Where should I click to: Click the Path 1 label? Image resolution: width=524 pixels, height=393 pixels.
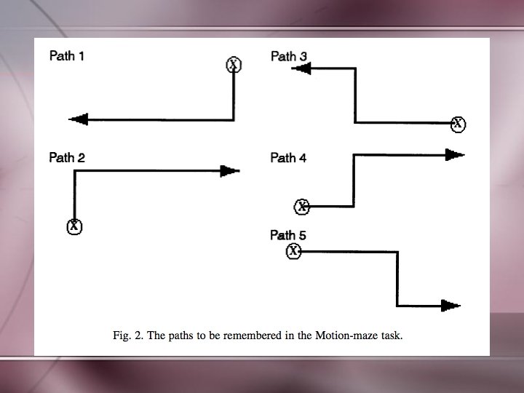(x=66, y=55)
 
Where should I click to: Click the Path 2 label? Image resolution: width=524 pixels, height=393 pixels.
(x=66, y=157)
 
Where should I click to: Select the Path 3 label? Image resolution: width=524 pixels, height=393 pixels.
(x=288, y=56)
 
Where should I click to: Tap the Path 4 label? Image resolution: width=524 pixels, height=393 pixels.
(x=288, y=158)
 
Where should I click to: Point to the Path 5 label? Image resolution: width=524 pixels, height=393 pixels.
(x=288, y=235)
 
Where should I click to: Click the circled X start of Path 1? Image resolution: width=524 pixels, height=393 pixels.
(x=233, y=65)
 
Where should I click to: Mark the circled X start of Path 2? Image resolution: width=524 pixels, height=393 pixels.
(x=74, y=226)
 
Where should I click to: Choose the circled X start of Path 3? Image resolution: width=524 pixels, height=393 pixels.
(x=457, y=124)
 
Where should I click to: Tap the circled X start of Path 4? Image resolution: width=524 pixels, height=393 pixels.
(x=302, y=207)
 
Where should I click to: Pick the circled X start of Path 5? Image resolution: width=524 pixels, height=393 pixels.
(x=294, y=251)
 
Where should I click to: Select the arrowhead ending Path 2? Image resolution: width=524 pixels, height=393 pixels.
(x=229, y=171)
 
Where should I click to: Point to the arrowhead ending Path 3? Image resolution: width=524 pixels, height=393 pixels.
(x=302, y=68)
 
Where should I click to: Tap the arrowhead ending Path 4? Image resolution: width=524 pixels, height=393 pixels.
(x=455, y=154)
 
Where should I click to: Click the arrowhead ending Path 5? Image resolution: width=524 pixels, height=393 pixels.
(x=451, y=306)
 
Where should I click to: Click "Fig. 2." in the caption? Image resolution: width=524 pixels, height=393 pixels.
(x=128, y=336)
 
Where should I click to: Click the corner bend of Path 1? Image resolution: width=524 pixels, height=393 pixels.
(x=233, y=119)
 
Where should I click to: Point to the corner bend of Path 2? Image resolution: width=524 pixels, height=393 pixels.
(x=74, y=171)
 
